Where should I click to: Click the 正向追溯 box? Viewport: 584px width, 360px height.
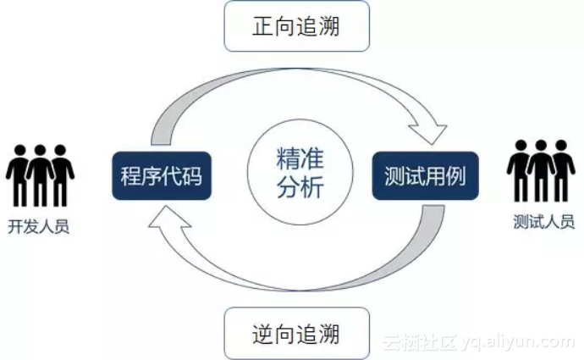[296, 26]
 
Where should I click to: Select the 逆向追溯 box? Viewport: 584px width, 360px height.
[296, 333]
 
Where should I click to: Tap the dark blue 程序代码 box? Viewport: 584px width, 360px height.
[161, 176]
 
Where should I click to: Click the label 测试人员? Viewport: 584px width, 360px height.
[543, 222]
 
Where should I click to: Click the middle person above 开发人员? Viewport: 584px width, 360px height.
[39, 174]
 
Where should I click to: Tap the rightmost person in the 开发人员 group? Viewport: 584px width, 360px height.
[60, 174]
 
